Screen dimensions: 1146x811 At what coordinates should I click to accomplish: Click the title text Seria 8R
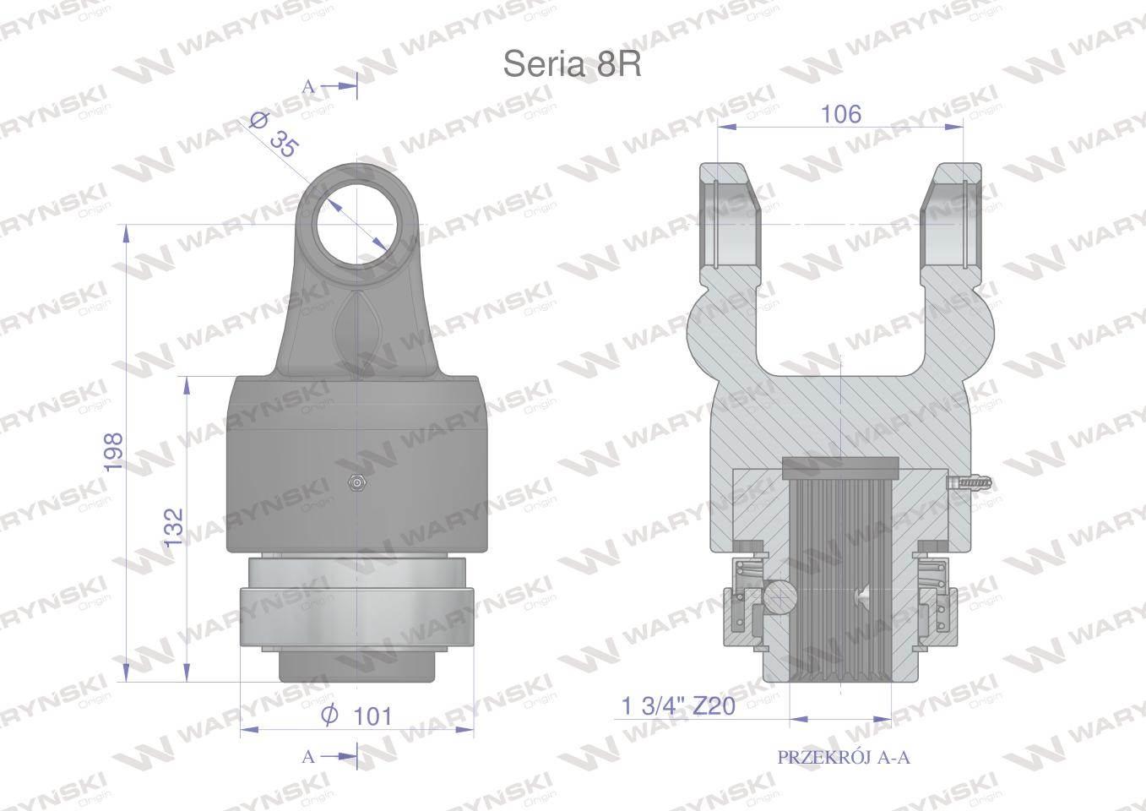click(572, 65)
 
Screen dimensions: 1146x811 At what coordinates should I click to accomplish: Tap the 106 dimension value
click(841, 113)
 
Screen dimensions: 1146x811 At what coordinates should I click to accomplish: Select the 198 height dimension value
click(113, 452)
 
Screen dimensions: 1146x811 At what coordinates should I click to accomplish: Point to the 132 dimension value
click(174, 527)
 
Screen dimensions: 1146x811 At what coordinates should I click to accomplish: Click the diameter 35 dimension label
click(273, 136)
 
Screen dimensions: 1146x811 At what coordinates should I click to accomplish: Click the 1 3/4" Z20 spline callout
click(678, 706)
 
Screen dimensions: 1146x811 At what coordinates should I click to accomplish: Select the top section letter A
click(308, 87)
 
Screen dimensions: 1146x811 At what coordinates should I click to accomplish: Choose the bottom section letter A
click(308, 756)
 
